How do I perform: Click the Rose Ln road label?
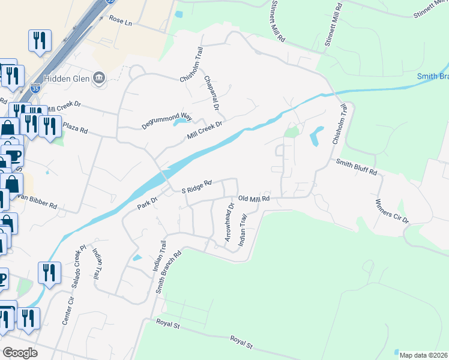point(121,20)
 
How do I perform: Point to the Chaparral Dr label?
point(211,93)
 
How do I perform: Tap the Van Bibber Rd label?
point(37,202)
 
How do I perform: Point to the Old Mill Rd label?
point(254,199)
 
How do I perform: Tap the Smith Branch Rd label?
point(169,271)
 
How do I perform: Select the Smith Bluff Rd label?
point(357,167)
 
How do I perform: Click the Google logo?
point(20,353)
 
